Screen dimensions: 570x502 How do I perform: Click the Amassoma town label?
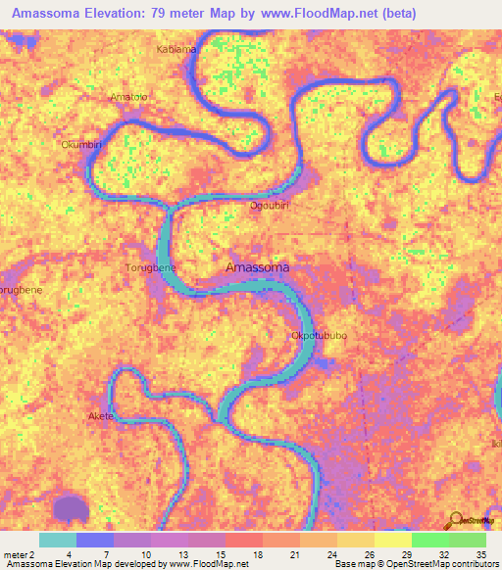[x=257, y=266]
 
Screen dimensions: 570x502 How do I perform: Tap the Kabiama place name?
[x=176, y=48]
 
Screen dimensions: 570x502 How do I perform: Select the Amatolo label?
[x=128, y=97]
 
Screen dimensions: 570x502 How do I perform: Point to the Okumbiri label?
[x=81, y=145]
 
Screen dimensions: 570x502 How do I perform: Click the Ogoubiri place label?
[x=268, y=205]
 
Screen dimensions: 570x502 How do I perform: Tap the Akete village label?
[x=101, y=416]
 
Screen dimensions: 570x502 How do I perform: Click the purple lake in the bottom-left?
[x=69, y=507]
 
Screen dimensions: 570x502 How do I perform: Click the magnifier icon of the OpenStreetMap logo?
[x=455, y=520]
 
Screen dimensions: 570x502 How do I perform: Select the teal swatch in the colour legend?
[x=58, y=540]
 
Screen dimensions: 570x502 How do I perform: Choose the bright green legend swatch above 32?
[x=429, y=540]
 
